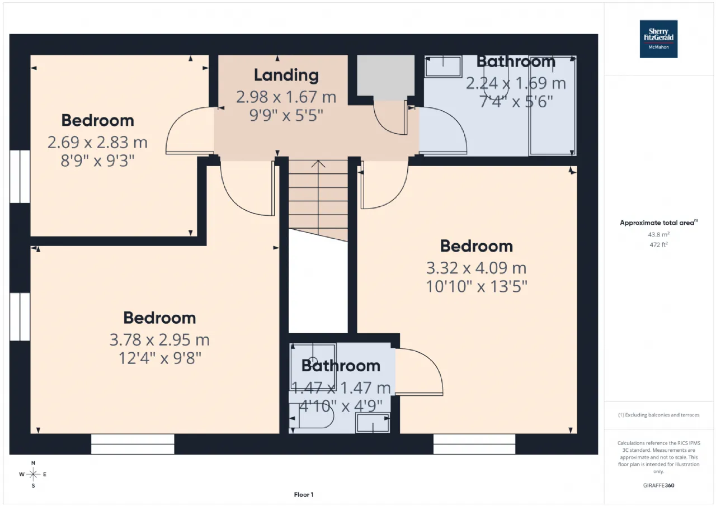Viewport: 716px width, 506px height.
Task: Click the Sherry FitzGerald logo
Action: (658, 39)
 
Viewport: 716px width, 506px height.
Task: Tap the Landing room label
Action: (286, 75)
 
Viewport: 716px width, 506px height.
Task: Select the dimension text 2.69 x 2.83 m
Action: (97, 142)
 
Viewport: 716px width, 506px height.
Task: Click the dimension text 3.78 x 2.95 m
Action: (159, 339)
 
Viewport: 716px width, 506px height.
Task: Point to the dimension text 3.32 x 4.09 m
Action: (476, 268)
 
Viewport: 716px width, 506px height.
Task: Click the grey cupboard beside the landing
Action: (385, 75)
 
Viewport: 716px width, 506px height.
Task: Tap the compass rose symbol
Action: (33, 474)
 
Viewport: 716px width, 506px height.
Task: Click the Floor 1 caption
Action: (304, 495)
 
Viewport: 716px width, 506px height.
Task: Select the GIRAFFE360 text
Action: (658, 485)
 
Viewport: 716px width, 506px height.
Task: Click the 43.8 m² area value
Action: (658, 234)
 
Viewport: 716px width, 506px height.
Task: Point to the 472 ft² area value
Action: (658, 245)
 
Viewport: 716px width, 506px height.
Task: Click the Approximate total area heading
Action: (658, 223)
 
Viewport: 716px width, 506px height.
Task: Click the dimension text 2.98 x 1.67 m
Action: (286, 97)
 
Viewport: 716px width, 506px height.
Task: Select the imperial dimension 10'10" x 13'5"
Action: (476, 286)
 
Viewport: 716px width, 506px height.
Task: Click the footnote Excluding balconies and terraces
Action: (658, 415)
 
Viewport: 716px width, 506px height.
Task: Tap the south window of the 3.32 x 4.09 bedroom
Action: (474, 444)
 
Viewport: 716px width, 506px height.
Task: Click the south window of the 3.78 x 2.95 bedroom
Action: (133, 444)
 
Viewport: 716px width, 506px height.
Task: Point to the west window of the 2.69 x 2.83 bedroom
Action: (20, 176)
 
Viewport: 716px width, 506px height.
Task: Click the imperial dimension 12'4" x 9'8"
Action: (159, 358)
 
